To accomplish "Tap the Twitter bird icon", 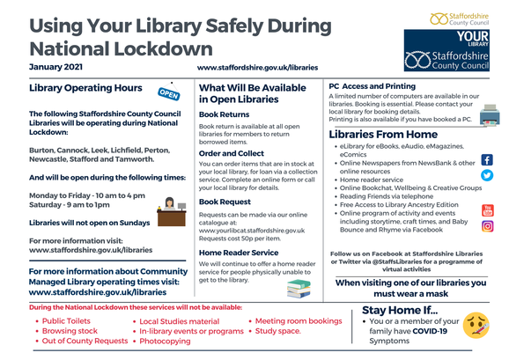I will (x=487, y=174).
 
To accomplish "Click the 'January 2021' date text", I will (x=56, y=67).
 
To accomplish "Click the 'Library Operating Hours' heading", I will (x=85, y=89).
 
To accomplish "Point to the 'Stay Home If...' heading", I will (x=401, y=309).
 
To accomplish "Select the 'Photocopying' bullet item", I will (x=170, y=342).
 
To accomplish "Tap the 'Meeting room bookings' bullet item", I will (x=299, y=322).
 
